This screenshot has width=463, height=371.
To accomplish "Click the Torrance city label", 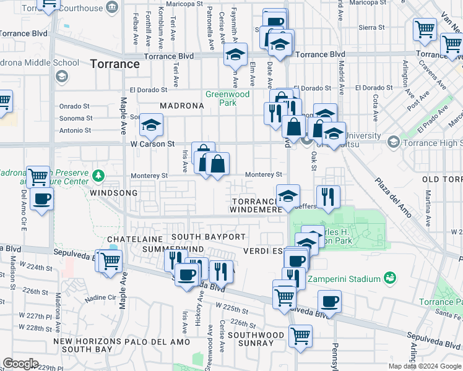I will [115, 64].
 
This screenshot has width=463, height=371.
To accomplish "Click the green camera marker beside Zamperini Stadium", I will [389, 276].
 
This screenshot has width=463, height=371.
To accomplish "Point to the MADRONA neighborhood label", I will [182, 106].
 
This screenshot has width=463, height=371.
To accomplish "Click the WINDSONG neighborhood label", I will [113, 193].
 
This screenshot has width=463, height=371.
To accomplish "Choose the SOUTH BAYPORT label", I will [209, 237].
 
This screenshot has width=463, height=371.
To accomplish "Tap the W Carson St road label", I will [148, 144].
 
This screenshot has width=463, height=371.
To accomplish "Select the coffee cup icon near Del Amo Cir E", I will [41, 199].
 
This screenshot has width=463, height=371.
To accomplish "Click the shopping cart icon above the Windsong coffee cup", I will [38, 176].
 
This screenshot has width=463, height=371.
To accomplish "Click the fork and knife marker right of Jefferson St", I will [328, 196].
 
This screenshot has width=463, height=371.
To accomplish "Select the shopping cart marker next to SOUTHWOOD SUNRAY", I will [300, 336].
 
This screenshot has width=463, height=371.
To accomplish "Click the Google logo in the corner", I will [20, 364].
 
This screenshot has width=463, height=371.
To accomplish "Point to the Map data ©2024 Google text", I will [424, 366].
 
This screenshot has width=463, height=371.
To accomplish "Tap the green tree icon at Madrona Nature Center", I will [98, 176].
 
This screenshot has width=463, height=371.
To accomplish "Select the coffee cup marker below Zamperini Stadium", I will [329, 302].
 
